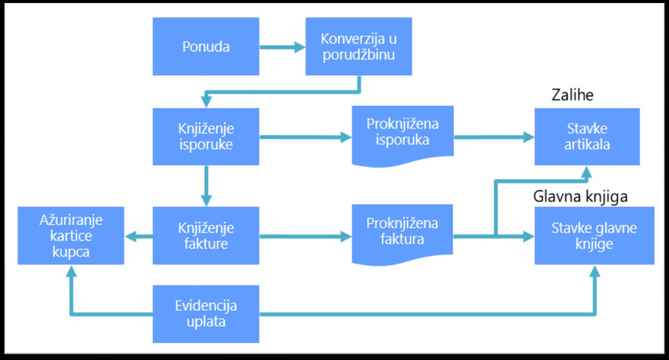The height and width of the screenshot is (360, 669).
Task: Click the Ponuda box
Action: click(x=206, y=47)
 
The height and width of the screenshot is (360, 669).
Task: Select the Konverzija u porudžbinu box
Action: click(x=359, y=47)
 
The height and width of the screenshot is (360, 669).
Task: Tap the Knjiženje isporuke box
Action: click(x=206, y=137)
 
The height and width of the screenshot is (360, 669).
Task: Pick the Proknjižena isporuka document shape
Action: click(x=402, y=134)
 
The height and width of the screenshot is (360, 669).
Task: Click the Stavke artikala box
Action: click(x=587, y=137)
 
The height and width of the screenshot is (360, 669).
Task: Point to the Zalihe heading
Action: click(x=572, y=95)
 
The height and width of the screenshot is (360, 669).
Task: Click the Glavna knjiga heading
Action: click(x=580, y=196)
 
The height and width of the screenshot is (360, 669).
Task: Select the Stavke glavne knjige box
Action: click(x=594, y=236)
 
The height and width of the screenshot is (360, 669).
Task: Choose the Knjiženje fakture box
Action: click(x=206, y=236)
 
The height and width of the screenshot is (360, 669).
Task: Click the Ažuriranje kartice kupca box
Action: click(x=71, y=236)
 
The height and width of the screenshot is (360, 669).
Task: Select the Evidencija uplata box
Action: click(x=206, y=314)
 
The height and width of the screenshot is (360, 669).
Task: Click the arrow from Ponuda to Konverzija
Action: click(x=282, y=47)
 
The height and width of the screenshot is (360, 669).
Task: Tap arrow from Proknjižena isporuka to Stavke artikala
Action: click(x=494, y=137)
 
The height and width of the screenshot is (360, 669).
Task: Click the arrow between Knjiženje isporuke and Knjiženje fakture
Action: click(x=206, y=186)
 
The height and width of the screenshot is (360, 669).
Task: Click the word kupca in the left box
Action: click(x=71, y=252)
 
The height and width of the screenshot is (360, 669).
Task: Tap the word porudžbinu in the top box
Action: click(x=359, y=55)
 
